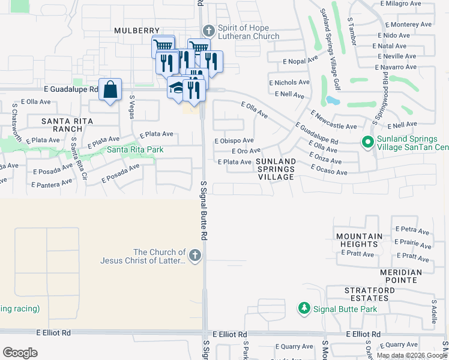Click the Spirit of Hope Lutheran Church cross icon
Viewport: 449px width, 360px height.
pyautogui.click(x=208, y=31)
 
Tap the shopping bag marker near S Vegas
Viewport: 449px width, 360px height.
pyautogui.click(x=110, y=90)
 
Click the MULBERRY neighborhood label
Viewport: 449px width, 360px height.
pyautogui.click(x=137, y=31)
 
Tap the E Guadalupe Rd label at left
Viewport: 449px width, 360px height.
pyautogui.click(x=71, y=89)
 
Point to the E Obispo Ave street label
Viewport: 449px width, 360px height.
pyautogui.click(x=234, y=140)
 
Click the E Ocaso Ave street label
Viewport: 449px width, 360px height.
pyautogui.click(x=329, y=172)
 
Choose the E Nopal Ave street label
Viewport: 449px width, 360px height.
pyautogui.click(x=301, y=61)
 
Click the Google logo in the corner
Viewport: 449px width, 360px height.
pyautogui.click(x=20, y=353)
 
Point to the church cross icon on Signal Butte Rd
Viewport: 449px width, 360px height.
pyautogui.click(x=194, y=256)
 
